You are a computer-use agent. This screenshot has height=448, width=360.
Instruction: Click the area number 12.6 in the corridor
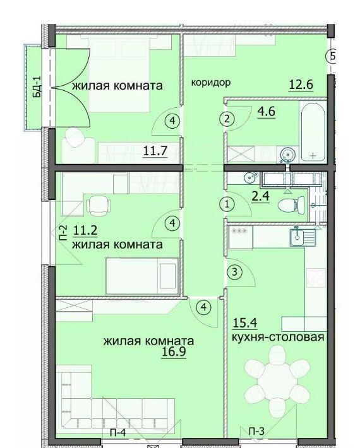coord(301,85)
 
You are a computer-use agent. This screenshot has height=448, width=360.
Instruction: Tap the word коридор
coord(211,83)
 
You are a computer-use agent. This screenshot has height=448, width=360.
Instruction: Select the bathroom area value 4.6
coord(267,111)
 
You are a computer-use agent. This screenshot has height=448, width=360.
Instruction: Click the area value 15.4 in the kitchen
coord(245,323)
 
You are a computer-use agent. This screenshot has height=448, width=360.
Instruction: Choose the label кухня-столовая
coord(278,337)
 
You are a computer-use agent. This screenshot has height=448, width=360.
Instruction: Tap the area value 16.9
coord(174,351)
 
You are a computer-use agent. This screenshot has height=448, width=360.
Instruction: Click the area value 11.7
coord(155,151)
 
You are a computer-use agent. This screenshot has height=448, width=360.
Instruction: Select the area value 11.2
coord(85,230)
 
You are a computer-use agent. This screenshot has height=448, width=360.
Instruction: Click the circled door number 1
coord(227,204)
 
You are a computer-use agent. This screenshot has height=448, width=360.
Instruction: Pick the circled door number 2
coord(227,119)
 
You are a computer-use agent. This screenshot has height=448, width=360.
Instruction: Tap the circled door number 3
coord(234,272)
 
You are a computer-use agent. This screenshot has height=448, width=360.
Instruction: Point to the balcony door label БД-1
coord(37,87)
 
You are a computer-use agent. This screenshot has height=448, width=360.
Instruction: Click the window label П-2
coord(63,233)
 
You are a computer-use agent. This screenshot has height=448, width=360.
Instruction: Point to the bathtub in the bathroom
coord(313,131)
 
